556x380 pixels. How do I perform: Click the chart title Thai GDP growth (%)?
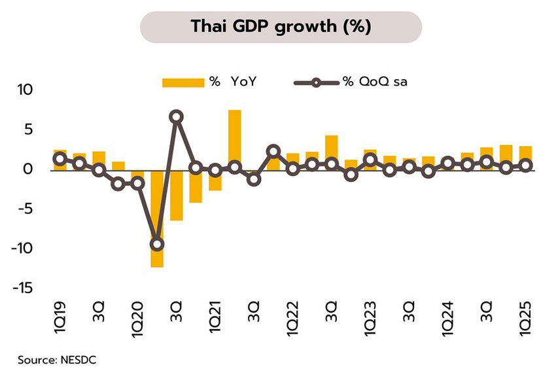(281, 26)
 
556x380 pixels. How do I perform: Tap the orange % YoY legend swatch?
(183, 82)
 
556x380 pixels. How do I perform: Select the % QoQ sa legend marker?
(316, 82)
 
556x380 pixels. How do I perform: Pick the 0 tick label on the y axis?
(33, 169)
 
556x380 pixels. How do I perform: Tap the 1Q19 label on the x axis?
(60, 321)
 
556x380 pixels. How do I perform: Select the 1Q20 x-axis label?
(137, 321)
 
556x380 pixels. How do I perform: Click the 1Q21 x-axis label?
(215, 321)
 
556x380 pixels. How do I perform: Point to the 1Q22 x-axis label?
(292, 321)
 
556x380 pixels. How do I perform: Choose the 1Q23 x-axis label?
(370, 321)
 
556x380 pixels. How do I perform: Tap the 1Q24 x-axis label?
(448, 321)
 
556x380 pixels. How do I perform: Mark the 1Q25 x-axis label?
(525, 321)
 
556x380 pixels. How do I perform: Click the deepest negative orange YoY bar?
(157, 218)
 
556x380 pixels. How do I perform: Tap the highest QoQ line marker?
(176, 117)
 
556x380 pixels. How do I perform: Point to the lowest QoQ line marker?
(157, 245)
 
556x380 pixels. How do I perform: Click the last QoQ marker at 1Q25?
(525, 165)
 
